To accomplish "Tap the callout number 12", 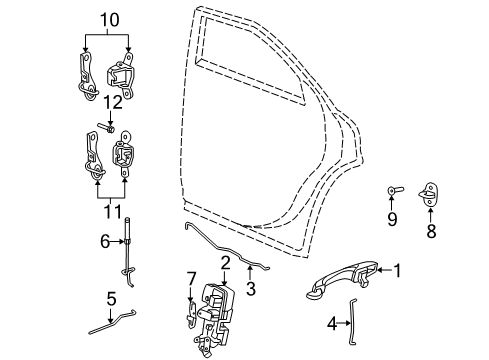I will [115, 100].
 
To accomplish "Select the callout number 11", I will [111, 211].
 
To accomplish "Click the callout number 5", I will [112, 297].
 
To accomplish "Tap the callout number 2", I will [226, 262].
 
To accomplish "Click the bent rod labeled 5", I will [114, 325].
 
